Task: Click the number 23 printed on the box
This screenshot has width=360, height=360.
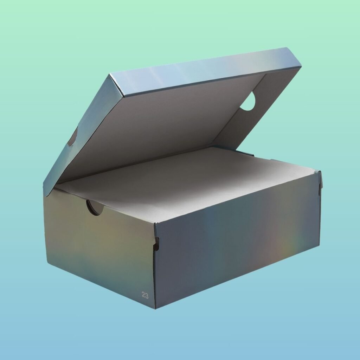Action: click(x=145, y=295)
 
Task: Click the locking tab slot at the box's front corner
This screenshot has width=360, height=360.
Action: click(x=156, y=244)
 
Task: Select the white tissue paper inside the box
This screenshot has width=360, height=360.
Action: click(x=184, y=181)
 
